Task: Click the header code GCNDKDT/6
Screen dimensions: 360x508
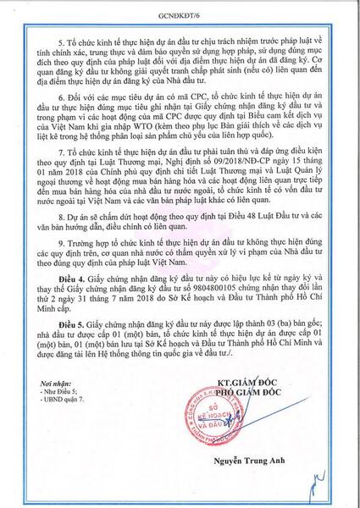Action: click(180, 14)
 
